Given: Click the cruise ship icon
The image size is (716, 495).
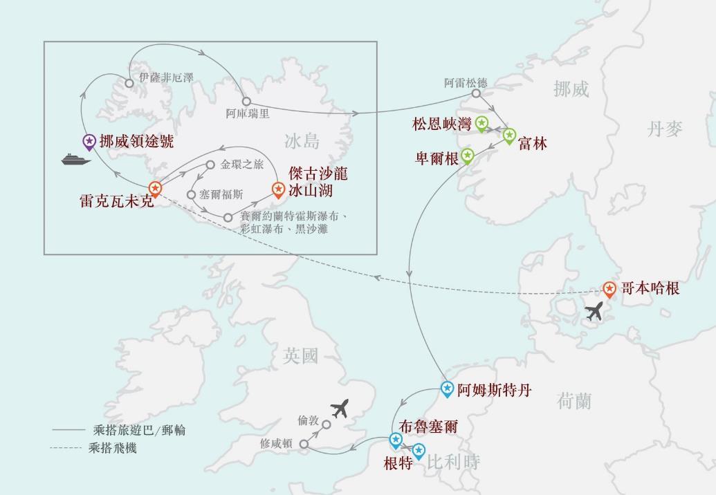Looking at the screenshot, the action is (76, 160).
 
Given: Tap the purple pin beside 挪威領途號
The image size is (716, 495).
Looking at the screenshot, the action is (89, 142).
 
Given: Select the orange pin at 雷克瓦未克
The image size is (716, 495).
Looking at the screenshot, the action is (156, 188).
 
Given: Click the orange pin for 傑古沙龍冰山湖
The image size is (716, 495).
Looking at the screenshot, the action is (278, 188).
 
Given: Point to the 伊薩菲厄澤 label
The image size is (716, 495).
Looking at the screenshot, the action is (165, 78).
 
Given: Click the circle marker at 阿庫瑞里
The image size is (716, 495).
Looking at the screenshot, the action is (246, 102).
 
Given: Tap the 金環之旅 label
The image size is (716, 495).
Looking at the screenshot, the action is (242, 165).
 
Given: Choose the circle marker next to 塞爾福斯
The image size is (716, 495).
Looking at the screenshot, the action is (192, 194).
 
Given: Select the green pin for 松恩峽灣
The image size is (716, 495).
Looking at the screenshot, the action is (482, 124).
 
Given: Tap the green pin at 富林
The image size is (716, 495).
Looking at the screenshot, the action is (510, 135).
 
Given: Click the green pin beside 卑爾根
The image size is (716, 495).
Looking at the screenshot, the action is (468, 156).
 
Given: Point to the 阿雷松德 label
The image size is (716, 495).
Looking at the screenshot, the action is (466, 82).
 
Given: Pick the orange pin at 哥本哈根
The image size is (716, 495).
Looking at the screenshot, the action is (609, 288).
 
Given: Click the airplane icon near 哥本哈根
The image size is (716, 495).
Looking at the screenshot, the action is (594, 312).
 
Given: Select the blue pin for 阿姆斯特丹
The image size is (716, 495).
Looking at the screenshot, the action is (447, 389).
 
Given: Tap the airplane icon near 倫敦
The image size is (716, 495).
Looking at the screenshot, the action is (339, 409).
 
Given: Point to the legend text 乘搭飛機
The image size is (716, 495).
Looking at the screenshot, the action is (113, 448).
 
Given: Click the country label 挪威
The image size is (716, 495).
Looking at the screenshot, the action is (571, 88).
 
